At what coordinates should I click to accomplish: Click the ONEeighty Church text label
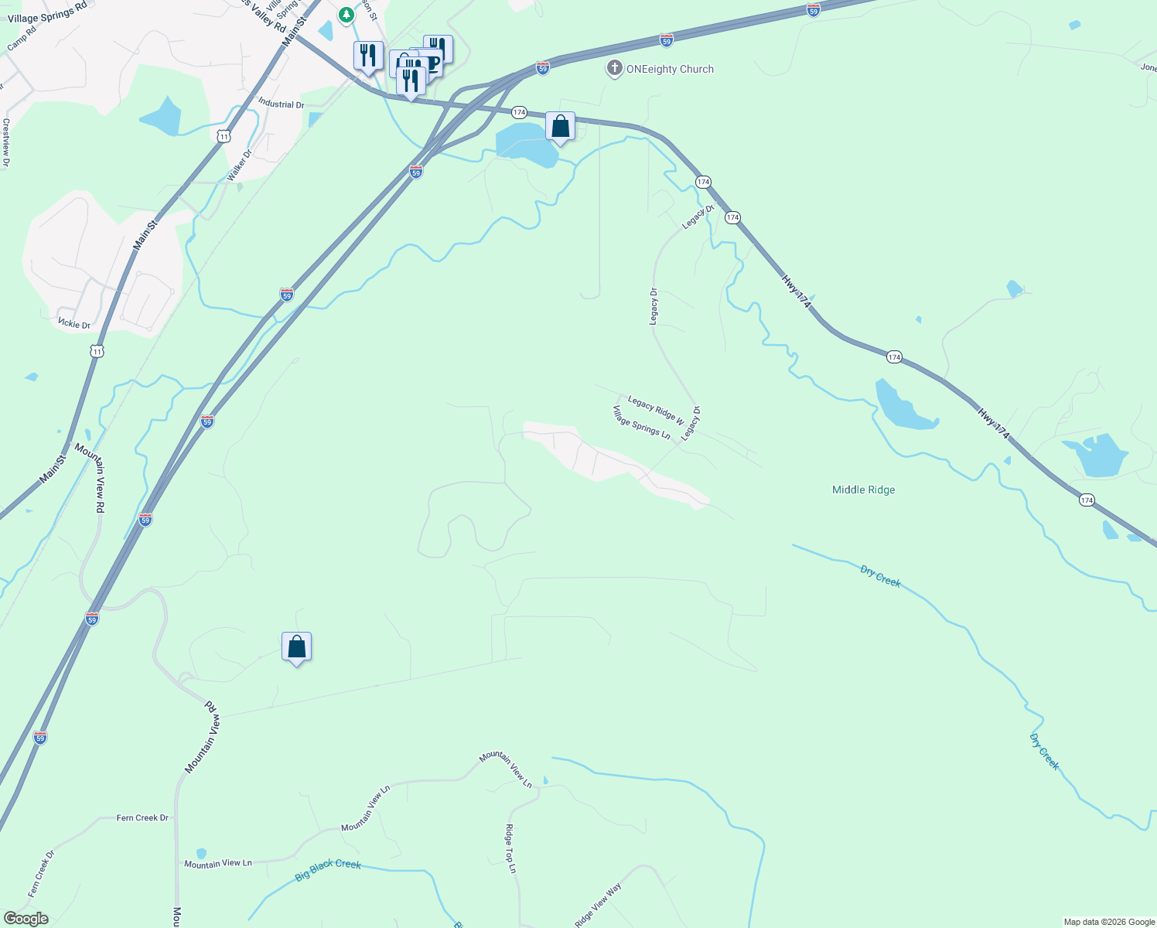pos(670,70)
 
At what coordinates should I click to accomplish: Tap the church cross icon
pos(615,69)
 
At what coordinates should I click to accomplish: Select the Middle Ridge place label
pos(863,490)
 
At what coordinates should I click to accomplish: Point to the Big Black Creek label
pos(328,869)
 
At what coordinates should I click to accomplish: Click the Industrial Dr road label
pos(281,104)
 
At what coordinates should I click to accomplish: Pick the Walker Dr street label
pos(240,165)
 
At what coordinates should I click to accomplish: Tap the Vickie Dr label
pos(74,324)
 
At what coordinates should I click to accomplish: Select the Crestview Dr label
pos(6,142)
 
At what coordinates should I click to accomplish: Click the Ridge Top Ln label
pos(510,848)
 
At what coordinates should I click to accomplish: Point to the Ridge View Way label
pos(598,906)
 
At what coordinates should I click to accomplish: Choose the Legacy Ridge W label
pos(656,410)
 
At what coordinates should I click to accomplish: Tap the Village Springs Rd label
pos(47,13)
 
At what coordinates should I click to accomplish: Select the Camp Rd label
pos(22,40)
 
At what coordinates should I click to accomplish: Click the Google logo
pos(26,919)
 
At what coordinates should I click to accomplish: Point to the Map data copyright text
pos(1109,922)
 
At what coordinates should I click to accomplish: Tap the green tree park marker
pos(346,14)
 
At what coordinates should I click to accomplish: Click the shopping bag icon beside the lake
pos(560,127)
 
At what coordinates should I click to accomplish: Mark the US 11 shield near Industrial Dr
pos(224,137)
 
